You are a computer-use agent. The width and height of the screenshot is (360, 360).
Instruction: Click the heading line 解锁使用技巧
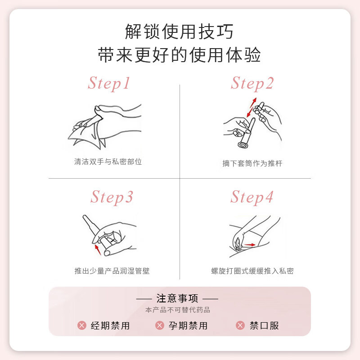point(179,32)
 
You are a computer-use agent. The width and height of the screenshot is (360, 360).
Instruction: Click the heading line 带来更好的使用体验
point(179,56)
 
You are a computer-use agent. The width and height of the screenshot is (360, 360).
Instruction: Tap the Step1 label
point(109,83)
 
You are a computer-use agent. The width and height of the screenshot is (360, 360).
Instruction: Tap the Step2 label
point(252,83)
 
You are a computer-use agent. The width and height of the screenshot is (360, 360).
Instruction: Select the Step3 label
point(112,197)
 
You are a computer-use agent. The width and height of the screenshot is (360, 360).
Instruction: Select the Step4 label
point(252,197)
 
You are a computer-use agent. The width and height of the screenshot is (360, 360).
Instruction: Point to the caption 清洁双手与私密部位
point(108,162)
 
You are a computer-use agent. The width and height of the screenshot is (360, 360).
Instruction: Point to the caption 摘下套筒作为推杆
point(252,163)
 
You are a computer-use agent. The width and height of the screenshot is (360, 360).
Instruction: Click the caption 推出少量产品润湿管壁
point(112,271)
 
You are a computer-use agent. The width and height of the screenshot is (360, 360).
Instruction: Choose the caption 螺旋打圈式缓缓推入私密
point(252,271)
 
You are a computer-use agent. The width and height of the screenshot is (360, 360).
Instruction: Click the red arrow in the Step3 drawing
point(97,249)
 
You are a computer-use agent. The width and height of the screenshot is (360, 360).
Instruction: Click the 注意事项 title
point(177,298)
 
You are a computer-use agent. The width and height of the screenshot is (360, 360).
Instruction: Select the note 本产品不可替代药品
point(177,310)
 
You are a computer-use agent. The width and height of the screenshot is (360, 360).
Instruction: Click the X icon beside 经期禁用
point(81,325)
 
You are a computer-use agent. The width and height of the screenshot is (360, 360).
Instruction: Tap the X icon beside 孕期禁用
point(159,325)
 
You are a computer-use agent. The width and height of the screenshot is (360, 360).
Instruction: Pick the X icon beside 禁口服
point(240,325)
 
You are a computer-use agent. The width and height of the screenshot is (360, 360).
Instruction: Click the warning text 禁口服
point(264,325)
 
